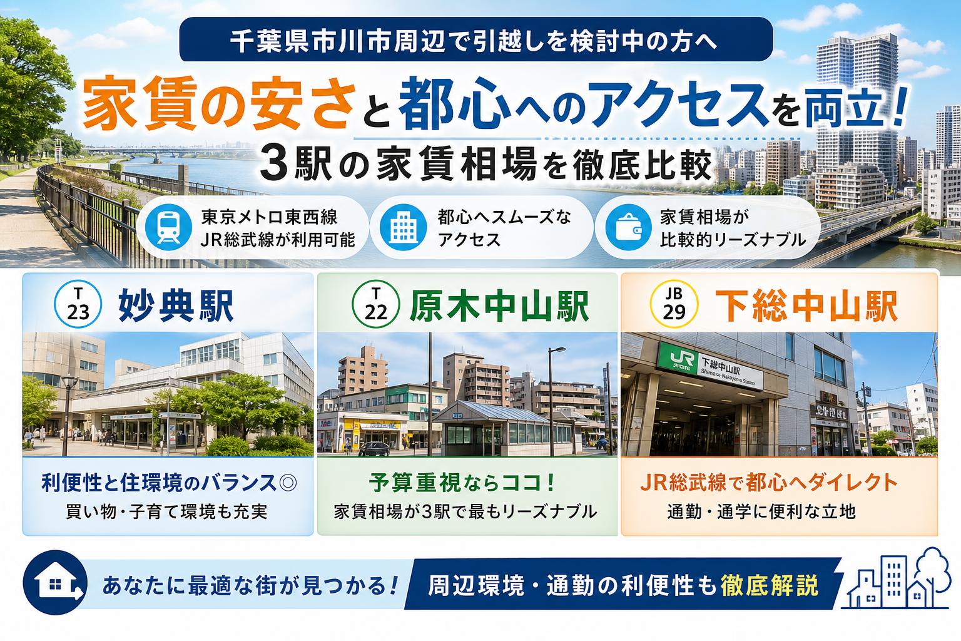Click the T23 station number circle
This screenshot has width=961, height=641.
coord(78,304)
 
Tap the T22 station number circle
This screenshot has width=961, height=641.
coord(375,304)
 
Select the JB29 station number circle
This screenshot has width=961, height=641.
coord(674,304)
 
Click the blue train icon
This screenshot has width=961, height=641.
coord(168,228)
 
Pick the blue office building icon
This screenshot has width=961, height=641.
coord(403,228)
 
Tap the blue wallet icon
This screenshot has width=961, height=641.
coord(629,228)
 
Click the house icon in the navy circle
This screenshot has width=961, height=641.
coord(55,583)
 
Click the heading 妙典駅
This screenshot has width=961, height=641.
coord(176,305)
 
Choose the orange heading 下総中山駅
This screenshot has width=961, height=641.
coord(806,305)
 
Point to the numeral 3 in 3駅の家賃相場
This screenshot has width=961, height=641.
coord(273,165)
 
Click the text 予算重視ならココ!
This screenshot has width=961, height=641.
coord(462,482)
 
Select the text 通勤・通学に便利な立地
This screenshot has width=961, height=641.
coord(761,511)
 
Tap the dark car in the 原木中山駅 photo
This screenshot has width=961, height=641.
coord(374,449)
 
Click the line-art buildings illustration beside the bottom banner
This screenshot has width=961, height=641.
coord(895,579)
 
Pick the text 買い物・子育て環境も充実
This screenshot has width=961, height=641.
coord(166,511)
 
